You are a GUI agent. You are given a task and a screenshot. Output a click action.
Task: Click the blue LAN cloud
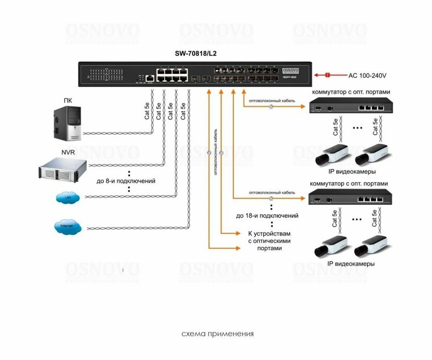click(68, 197)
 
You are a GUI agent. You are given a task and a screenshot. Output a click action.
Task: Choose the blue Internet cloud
click(67, 227)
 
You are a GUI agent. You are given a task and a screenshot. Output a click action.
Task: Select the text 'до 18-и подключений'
click(267, 216)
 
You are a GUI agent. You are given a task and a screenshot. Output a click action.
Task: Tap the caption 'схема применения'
click(217, 334)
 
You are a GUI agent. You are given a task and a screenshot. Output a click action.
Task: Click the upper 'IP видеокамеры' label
click(352, 171)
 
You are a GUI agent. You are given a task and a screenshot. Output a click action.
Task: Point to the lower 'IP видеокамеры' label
click(351, 263)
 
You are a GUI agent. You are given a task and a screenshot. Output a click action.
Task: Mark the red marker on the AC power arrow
click(327, 75)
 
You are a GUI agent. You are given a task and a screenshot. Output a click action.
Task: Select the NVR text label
click(68, 153)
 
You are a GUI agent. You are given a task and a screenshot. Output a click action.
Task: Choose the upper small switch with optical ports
click(350, 107)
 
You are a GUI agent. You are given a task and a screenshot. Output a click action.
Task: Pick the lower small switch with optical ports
click(350, 198)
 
